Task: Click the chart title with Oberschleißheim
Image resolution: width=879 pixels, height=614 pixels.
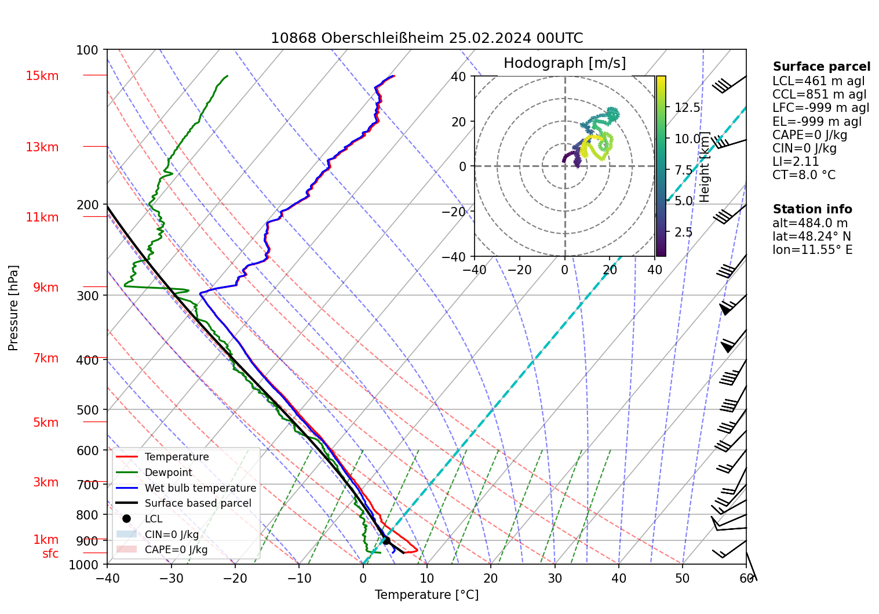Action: pyautogui.click(x=426, y=38)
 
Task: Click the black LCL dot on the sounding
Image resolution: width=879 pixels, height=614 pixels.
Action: pyautogui.click(x=386, y=540)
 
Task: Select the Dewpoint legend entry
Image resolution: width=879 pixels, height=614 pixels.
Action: pyautogui.click(x=168, y=473)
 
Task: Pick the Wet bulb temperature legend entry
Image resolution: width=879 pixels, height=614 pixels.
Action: pyautogui.click(x=200, y=488)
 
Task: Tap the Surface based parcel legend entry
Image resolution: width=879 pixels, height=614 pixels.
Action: pyautogui.click(x=198, y=503)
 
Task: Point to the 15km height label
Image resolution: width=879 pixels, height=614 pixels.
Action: pyautogui.click(x=42, y=76)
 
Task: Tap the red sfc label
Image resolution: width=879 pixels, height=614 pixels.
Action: pyautogui.click(x=50, y=554)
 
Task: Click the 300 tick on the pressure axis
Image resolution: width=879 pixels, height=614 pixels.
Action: pyautogui.click(x=87, y=296)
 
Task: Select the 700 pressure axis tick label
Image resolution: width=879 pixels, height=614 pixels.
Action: pyautogui.click(x=87, y=485)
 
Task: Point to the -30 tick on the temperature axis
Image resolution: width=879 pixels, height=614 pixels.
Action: pyautogui.click(x=171, y=578)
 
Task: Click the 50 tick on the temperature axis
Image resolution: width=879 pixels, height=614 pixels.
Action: pyautogui.click(x=683, y=578)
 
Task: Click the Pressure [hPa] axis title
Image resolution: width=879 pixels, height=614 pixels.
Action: pyautogui.click(x=13, y=308)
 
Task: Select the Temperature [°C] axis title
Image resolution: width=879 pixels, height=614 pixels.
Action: pyautogui.click(x=426, y=595)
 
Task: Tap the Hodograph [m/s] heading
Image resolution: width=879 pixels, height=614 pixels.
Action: pyautogui.click(x=564, y=63)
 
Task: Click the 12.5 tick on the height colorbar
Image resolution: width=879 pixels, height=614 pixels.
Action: pyautogui.click(x=687, y=108)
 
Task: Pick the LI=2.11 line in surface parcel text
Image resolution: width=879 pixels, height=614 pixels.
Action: pyautogui.click(x=796, y=162)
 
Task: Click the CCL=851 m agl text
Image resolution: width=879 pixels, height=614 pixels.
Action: pyautogui.click(x=819, y=95)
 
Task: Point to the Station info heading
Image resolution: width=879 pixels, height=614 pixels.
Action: pyautogui.click(x=812, y=209)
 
